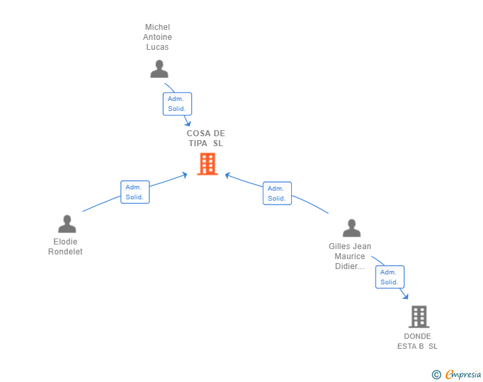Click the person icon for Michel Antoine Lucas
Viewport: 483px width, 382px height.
[x=159, y=69]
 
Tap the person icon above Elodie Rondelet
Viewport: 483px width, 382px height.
[x=67, y=224]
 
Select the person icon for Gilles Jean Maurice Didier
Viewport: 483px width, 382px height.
[x=352, y=228]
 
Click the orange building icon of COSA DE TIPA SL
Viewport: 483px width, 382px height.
[x=208, y=163]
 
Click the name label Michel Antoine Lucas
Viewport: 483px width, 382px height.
[x=157, y=37]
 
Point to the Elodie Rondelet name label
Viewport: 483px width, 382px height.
[x=66, y=246]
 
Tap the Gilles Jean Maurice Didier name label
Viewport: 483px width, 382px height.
[x=350, y=256]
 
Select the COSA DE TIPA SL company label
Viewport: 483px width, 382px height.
[x=206, y=138]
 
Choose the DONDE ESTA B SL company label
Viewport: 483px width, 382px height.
[x=417, y=341]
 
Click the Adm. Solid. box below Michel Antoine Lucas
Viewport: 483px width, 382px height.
[x=177, y=104]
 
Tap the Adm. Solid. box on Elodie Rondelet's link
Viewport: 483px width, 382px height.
[x=135, y=192]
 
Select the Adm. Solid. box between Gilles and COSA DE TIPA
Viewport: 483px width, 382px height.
[x=277, y=193]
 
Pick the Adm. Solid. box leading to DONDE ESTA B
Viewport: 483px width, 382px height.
[x=389, y=277]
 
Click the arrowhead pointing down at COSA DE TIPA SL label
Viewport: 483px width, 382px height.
[x=188, y=124]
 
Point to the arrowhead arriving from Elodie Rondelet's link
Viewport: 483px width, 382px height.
[x=186, y=175]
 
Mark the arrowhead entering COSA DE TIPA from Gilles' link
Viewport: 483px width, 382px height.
[x=227, y=175]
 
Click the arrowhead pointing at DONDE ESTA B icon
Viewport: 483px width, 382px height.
[x=405, y=296]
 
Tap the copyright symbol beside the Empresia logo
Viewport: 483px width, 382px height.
[x=437, y=375]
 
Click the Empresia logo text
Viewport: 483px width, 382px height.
[x=463, y=375]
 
